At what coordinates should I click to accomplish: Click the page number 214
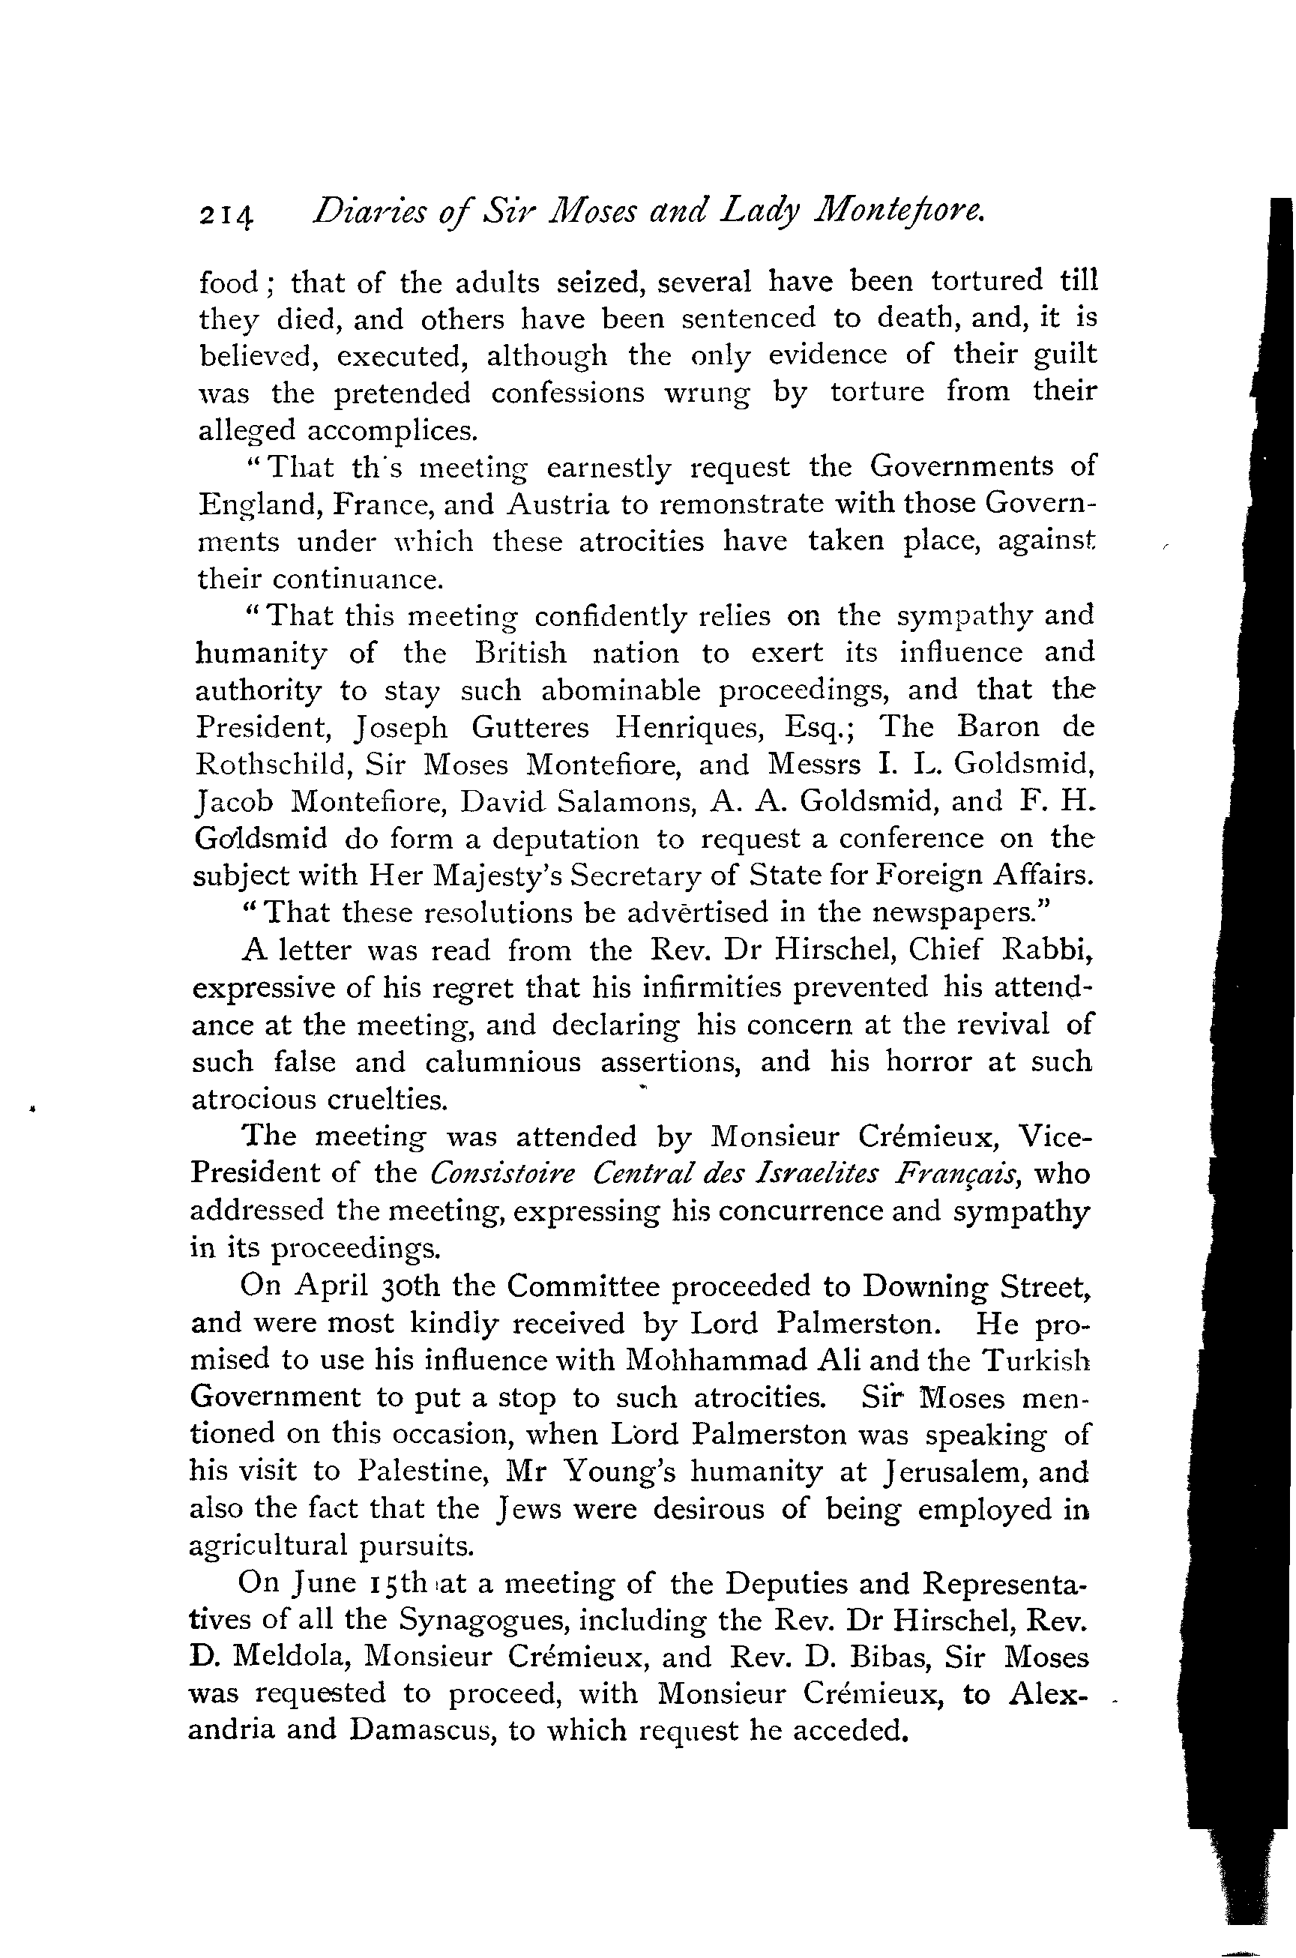coord(226,217)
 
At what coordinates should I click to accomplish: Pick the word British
coord(521,653)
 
